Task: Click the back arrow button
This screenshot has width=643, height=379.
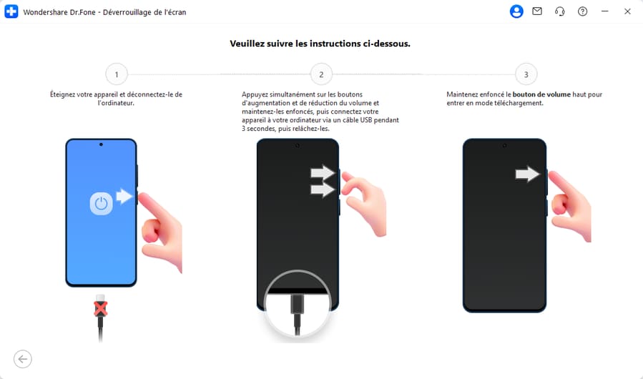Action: [23, 359]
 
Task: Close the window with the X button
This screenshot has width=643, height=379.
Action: [627, 11]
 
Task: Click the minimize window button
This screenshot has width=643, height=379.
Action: [605, 11]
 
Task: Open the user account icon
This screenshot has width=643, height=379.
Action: [516, 11]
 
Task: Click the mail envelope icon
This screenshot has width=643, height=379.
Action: [537, 11]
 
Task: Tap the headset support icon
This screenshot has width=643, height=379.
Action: [560, 11]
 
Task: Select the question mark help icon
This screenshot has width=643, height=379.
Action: [582, 11]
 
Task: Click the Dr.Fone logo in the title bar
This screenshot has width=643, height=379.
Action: [11, 11]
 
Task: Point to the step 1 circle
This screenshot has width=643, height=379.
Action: [116, 74]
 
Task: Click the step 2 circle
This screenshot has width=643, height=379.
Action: [321, 74]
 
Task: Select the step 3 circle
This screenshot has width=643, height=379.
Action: [526, 74]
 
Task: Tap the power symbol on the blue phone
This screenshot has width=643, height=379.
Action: [101, 204]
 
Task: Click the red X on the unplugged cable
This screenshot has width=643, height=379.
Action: [101, 307]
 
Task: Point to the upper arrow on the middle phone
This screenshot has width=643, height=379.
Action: [323, 173]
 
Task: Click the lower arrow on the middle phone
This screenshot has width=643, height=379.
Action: [323, 189]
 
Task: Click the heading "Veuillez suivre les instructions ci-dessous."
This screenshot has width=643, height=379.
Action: [320, 44]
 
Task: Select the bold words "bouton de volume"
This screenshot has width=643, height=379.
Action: [541, 94]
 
